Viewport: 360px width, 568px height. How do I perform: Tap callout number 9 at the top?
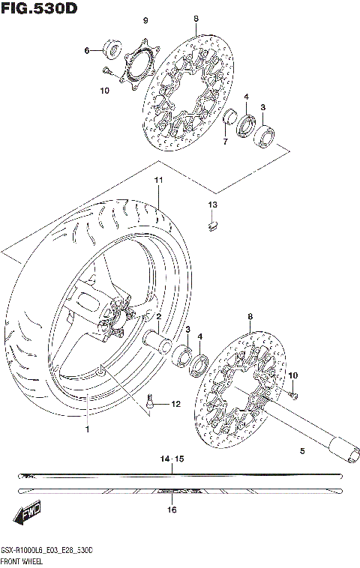145,19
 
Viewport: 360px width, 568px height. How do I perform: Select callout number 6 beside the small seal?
87,51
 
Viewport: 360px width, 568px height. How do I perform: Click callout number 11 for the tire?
158,181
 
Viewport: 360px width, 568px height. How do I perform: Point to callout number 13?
212,205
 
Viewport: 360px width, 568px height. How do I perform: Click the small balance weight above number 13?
212,221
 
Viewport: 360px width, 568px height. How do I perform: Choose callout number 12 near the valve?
176,405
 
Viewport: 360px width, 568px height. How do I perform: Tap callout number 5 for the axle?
302,451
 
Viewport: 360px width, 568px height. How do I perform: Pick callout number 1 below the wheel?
87,429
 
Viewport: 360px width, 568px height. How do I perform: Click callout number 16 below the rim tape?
172,510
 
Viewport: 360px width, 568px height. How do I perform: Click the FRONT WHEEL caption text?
25,561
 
